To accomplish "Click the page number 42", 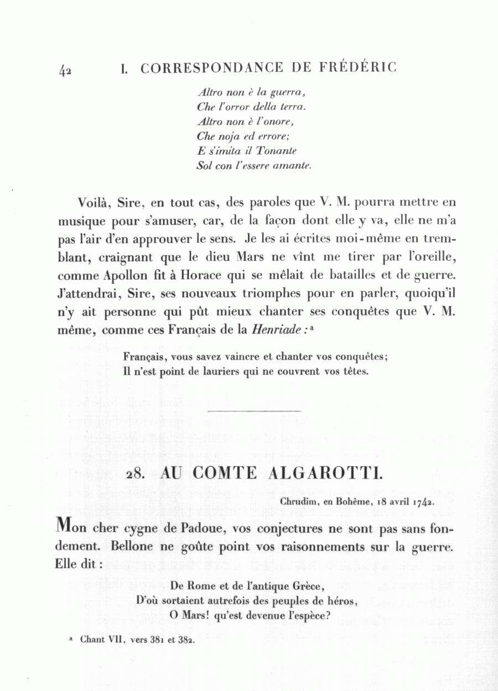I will coord(65,70).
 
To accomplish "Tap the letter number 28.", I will coord(136,475).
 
